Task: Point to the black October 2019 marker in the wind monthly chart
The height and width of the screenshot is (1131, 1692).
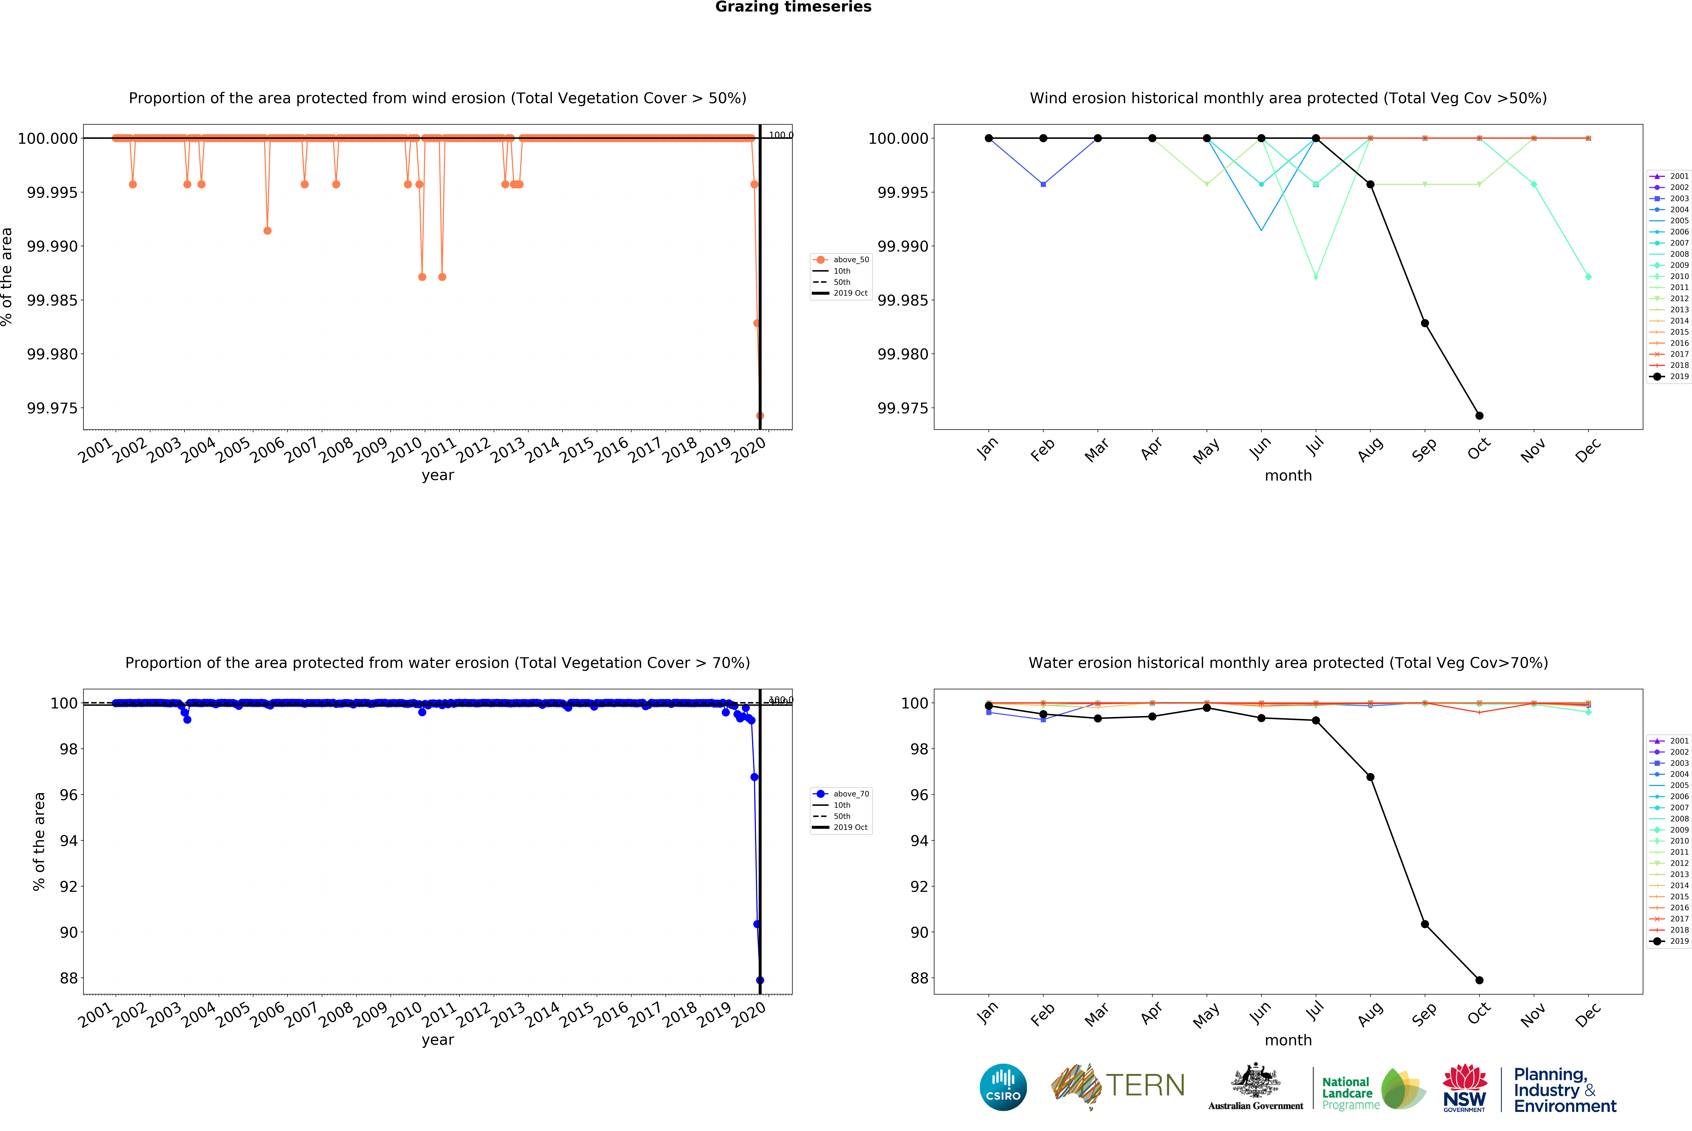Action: [x=1479, y=415]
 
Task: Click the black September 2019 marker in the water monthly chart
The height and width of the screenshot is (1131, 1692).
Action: [x=1424, y=924]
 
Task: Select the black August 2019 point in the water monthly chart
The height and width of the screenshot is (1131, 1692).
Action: [x=1370, y=777]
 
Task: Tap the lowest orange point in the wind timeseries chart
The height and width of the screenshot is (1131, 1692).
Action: [x=760, y=415]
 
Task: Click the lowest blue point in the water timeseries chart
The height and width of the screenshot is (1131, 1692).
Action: [x=760, y=980]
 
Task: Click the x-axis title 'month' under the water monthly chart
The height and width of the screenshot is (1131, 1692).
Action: [x=1288, y=1040]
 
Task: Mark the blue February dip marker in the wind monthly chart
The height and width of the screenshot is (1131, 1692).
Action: [x=1043, y=185]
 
